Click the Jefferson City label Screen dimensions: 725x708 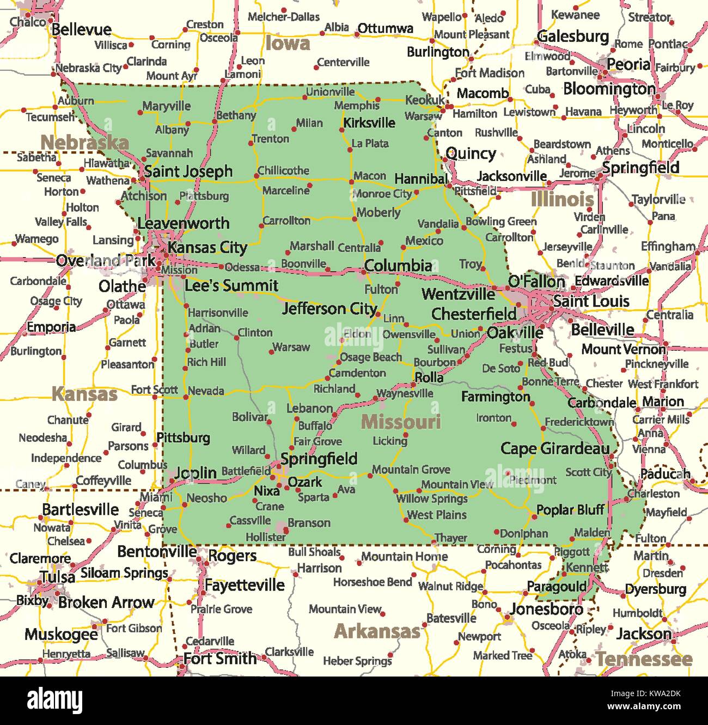pos(329,309)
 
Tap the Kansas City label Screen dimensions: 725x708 pos(207,248)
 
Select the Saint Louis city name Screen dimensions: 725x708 pos(591,301)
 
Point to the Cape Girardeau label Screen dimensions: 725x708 pos(555,448)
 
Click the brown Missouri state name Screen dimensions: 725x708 pos(401,422)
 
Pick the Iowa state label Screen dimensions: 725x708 pos(288,43)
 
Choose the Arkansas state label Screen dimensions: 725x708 pos(377,631)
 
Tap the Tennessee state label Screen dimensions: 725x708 pos(644,659)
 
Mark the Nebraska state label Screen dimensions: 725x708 pos(84,143)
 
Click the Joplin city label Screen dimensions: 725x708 pos(195,472)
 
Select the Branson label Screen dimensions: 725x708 pos(309,523)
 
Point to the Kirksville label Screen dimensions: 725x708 pos(369,123)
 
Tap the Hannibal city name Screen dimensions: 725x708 pos(420,179)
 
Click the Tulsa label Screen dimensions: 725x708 pos(58,577)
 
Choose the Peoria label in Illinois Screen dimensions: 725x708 pos(628,64)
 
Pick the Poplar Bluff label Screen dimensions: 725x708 pos(570,510)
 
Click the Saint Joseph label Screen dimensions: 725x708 pos(188,172)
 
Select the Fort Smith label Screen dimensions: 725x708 pos(220,659)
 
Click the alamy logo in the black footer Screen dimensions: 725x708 pos(55,700)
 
